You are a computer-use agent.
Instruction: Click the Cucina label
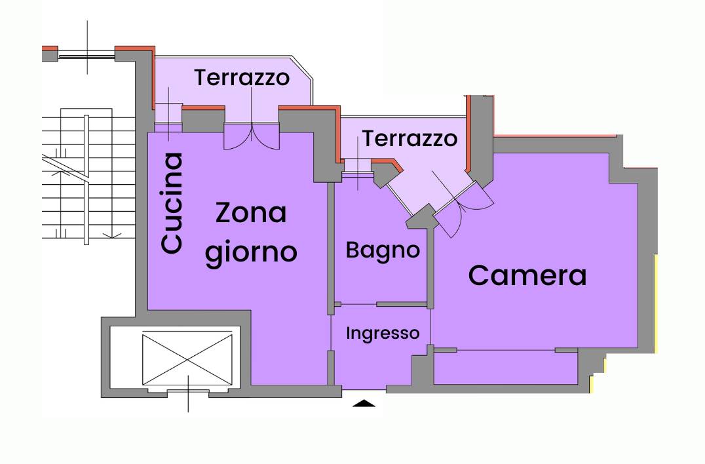click(172, 203)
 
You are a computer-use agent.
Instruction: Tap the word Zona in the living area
click(251, 212)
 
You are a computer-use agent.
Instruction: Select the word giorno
click(251, 252)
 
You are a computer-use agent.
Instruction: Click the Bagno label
click(383, 250)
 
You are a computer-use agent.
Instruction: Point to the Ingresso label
click(383, 334)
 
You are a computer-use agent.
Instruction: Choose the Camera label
click(527, 275)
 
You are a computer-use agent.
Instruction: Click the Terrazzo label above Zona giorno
click(242, 78)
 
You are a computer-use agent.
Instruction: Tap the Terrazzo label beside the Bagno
click(410, 138)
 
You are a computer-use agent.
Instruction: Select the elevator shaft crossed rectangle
click(187, 359)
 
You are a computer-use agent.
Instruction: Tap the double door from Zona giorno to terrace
click(252, 136)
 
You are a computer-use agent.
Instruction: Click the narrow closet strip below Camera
click(505, 368)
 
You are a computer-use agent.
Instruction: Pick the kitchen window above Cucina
click(168, 116)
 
